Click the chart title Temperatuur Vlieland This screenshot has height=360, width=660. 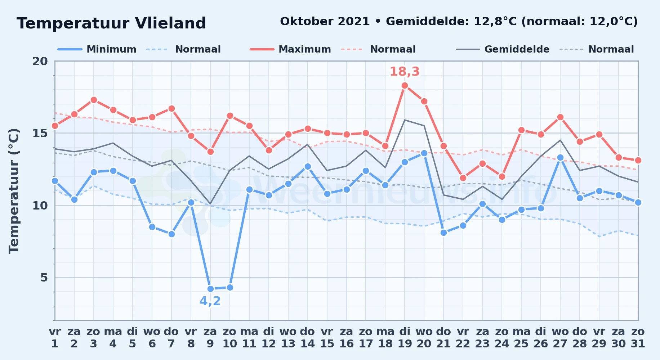tap(111, 23)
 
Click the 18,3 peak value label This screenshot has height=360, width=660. tap(405, 72)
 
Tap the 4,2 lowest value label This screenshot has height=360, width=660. tap(210, 301)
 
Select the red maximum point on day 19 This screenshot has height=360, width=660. tap(405, 86)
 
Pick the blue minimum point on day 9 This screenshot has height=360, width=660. tap(210, 289)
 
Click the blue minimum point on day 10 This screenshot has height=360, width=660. tap(230, 287)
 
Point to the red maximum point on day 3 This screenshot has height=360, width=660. tap(94, 100)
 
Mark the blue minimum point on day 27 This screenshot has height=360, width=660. tap(560, 158)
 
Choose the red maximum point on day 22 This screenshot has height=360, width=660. tap(463, 178)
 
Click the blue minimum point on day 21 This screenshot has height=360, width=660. tap(443, 233)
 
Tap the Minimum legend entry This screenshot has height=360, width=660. tap(97, 49)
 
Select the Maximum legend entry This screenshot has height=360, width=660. tap(290, 49)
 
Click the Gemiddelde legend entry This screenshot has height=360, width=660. tap(503, 49)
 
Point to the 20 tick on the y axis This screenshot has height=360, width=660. tap(40, 61)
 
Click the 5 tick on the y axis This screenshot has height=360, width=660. tap(44, 278)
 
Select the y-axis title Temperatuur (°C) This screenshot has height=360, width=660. tap(14, 191)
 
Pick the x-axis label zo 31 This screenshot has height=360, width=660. tap(638, 338)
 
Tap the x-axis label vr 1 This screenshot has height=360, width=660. tap(55, 338)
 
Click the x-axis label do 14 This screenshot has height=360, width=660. tap(307, 338)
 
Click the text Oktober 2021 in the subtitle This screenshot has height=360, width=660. tap(325, 22)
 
